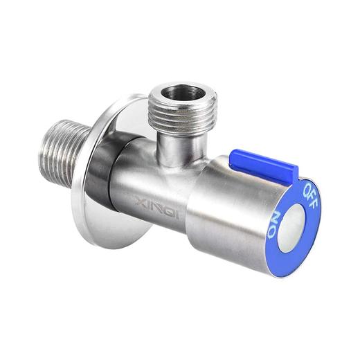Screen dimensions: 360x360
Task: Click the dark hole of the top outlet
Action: tap(183, 93)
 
